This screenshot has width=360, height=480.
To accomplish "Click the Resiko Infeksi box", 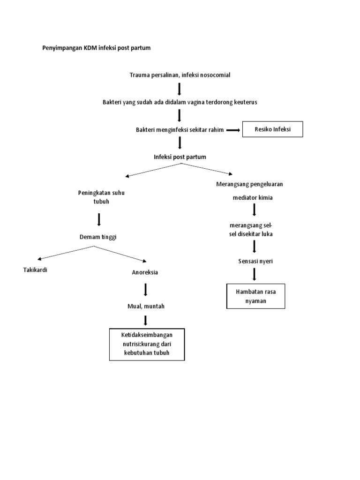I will [x=272, y=129].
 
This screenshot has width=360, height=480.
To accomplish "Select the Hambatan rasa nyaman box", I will [x=255, y=296].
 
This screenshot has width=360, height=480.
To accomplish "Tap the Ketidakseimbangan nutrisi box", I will [x=147, y=345].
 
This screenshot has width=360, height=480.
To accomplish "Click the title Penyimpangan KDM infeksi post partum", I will [x=97, y=48].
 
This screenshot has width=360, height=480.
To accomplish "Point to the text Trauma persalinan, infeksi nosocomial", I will [x=180, y=75].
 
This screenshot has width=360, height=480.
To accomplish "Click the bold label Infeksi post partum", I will [x=180, y=157].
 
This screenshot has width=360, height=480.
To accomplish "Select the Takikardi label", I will [x=36, y=270].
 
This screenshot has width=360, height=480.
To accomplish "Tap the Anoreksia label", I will [x=145, y=272].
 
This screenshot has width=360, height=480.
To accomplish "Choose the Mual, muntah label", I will [x=146, y=307].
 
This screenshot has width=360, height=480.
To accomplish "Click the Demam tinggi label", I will [x=97, y=237].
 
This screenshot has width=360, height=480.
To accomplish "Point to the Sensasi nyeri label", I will [x=255, y=261].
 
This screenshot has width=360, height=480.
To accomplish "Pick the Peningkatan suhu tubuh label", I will [x=97, y=197].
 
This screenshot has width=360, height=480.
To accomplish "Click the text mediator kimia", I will [x=253, y=197].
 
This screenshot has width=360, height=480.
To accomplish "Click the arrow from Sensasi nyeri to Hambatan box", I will [x=255, y=274].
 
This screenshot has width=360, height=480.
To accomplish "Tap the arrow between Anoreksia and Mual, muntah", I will [x=146, y=290].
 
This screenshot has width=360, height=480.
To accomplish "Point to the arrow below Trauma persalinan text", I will [x=180, y=88].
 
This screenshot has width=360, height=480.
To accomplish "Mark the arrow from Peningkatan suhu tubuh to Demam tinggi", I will [x=98, y=219].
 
